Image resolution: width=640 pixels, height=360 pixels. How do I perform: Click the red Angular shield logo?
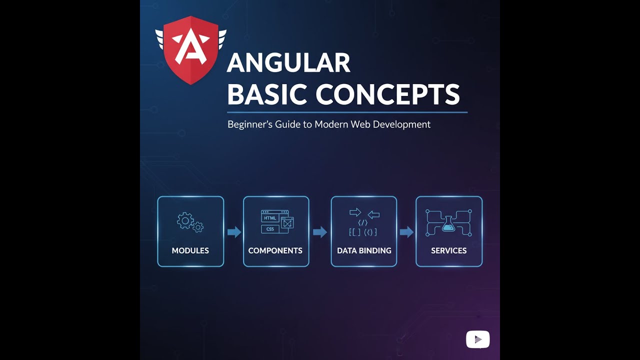point(190,50)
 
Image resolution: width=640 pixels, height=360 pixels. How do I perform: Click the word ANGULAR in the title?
point(288,63)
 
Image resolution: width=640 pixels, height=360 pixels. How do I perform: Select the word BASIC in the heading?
point(266,94)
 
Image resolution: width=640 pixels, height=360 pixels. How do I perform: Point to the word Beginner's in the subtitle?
point(250,124)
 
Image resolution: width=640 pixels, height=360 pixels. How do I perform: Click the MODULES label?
point(190,250)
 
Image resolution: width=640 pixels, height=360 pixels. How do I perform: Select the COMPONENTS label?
point(275,250)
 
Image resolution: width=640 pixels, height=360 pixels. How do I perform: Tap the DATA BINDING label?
point(364,250)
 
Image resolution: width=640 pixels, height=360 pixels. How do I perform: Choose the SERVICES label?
point(449,250)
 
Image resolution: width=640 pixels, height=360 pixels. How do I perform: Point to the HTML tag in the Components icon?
point(270,218)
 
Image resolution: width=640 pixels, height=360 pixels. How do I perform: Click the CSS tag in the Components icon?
point(270,229)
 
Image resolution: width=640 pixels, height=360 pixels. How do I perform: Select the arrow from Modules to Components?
point(234,232)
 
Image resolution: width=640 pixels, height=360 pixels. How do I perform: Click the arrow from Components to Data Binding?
point(320,232)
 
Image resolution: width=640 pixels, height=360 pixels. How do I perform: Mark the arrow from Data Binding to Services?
point(406,232)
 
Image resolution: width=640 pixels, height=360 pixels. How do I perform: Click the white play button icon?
point(477,339)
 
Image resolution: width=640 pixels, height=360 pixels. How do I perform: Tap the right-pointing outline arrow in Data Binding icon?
point(355,212)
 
